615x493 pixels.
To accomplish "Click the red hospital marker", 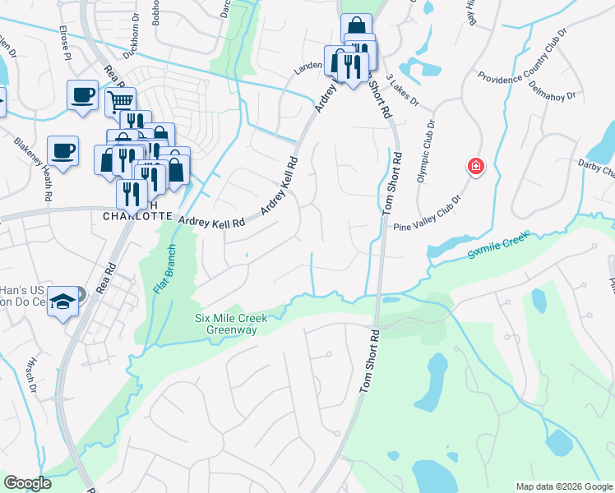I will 475,168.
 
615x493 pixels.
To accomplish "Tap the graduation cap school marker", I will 62,301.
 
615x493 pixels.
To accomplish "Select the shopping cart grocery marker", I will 120,102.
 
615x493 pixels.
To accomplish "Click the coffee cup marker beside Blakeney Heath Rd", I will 62,151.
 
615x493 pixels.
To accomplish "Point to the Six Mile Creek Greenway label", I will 225,325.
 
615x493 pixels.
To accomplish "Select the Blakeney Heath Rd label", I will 32,169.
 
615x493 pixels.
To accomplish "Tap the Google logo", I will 27,483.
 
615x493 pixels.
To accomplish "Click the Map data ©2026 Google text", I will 564,486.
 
